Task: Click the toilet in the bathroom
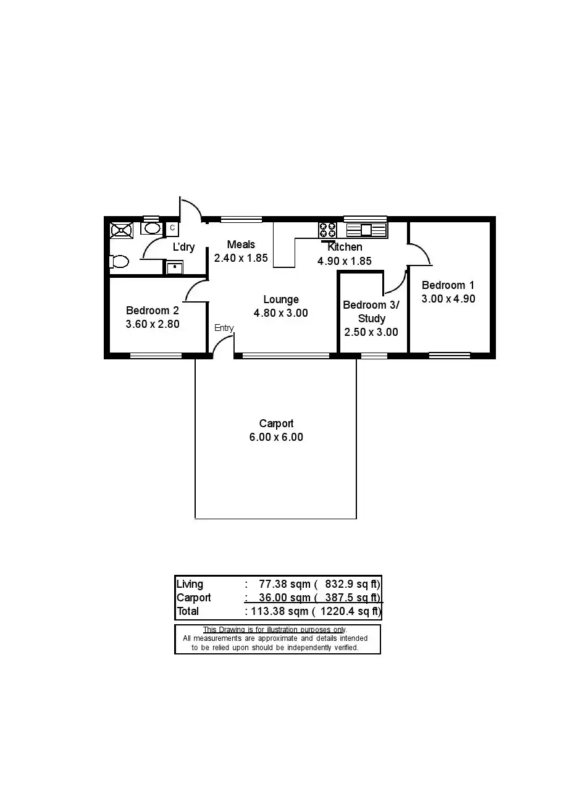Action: [119, 261]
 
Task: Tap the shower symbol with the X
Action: [121, 230]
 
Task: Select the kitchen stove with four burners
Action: [327, 230]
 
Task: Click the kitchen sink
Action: [366, 230]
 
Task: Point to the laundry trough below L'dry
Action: [175, 267]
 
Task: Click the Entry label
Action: [224, 328]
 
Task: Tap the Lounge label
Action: [280, 300]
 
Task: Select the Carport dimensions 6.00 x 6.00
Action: [276, 437]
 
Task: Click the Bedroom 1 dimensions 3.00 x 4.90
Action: [448, 299]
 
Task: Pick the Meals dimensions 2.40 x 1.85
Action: [241, 258]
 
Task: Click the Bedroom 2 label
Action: [153, 311]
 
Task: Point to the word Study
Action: [371, 319]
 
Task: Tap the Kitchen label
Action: [345, 247]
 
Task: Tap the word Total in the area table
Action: [188, 611]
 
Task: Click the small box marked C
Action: [172, 228]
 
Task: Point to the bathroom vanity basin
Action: [151, 228]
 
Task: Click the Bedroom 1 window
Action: [450, 355]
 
